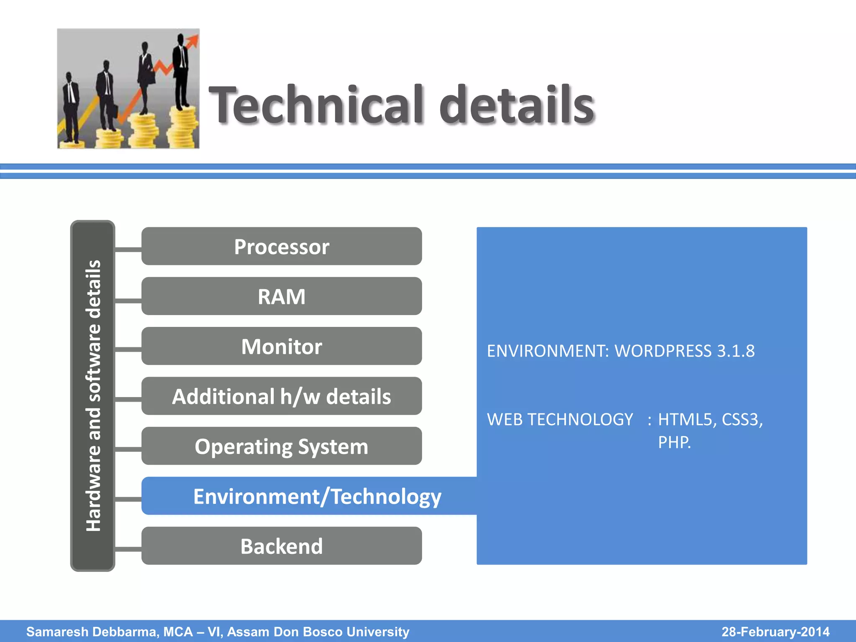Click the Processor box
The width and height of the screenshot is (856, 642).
click(x=281, y=246)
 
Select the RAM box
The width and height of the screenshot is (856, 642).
click(x=281, y=296)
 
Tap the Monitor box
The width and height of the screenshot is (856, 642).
click(x=281, y=346)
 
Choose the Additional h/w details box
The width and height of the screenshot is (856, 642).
click(x=281, y=396)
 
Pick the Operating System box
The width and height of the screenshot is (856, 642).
click(x=281, y=446)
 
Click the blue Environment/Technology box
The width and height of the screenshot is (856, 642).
click(x=317, y=496)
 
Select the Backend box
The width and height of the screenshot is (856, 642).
click(x=281, y=546)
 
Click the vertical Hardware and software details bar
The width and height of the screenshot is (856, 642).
click(x=93, y=395)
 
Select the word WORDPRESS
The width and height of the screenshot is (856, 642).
click(x=663, y=351)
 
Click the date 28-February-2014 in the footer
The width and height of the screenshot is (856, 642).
click(x=775, y=632)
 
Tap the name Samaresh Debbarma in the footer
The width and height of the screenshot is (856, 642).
click(x=92, y=632)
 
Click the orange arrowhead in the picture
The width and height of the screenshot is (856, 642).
click(x=193, y=40)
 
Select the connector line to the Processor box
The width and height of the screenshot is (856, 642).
click(x=128, y=250)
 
